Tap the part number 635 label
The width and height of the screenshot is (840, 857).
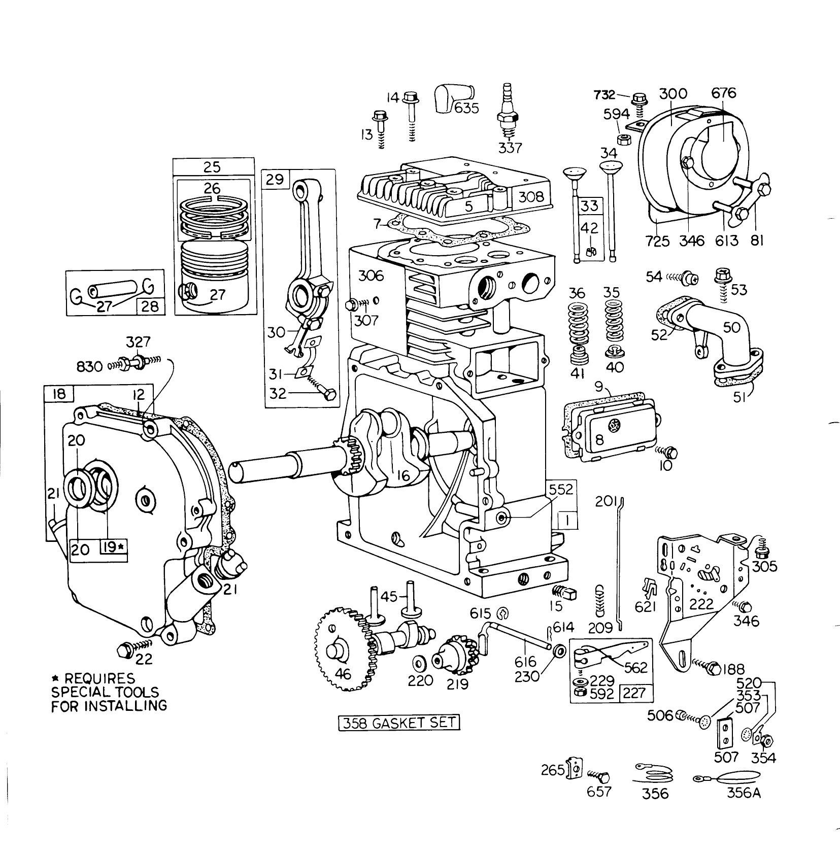pyautogui.click(x=466, y=108)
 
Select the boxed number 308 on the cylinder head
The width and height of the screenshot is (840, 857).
pyautogui.click(x=531, y=197)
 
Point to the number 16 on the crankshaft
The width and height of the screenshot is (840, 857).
pyautogui.click(x=403, y=475)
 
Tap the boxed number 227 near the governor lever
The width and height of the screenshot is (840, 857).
pyautogui.click(x=634, y=693)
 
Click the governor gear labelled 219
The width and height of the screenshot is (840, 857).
pyautogui.click(x=452, y=661)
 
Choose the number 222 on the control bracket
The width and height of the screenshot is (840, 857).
pyautogui.click(x=701, y=604)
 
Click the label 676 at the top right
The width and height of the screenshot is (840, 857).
pyautogui.click(x=723, y=93)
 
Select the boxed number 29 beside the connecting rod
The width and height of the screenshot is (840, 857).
pyautogui.click(x=275, y=180)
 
